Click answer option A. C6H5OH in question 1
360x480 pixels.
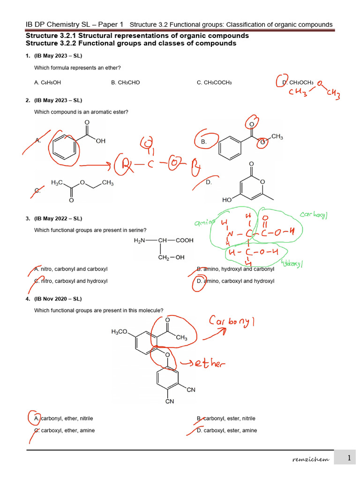[47, 82]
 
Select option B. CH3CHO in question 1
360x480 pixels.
[125, 82]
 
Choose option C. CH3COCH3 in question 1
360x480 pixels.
[214, 82]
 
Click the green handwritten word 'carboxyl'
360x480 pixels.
[314, 215]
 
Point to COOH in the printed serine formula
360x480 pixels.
[184, 240]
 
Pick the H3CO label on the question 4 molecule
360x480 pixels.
[120, 332]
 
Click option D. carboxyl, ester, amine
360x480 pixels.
[227, 430]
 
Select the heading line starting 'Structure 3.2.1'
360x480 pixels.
[137, 36]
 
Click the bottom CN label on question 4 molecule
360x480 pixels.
[170, 401]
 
